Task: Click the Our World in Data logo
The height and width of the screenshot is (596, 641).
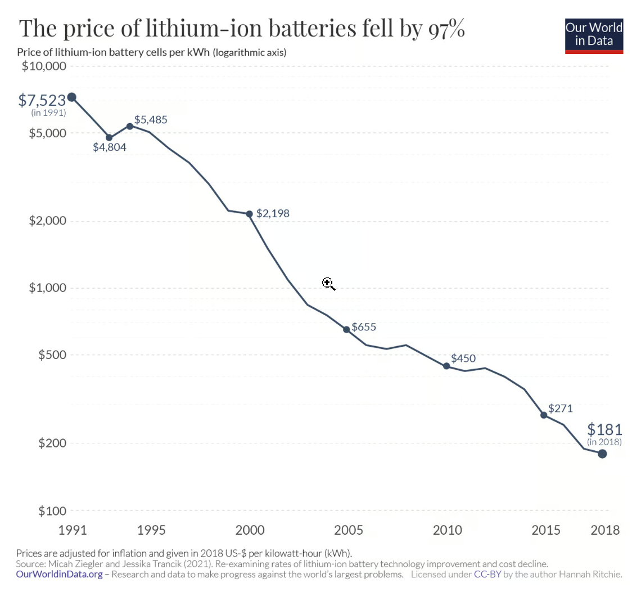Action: [594, 35]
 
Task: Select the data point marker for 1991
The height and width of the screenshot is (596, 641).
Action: [72, 97]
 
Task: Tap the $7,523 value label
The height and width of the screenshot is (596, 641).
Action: [42, 101]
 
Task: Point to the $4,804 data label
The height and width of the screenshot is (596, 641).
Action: [110, 147]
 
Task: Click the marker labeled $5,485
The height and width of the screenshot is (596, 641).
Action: [130, 126]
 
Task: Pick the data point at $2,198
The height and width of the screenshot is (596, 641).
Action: [250, 214]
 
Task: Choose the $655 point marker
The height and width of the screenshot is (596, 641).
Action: [346, 329]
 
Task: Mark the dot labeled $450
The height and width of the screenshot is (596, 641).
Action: [446, 366]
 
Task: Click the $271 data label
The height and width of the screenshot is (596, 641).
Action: [560, 409]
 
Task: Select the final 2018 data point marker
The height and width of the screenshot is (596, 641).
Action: [602, 454]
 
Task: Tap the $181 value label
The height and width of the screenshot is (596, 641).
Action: [604, 429]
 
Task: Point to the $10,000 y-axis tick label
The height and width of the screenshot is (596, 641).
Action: [43, 66]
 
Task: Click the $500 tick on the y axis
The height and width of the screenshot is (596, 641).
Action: [51, 355]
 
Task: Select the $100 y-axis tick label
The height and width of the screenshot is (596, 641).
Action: [51, 511]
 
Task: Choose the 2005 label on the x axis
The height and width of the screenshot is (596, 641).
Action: [348, 530]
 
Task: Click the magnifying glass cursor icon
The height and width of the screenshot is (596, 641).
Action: [328, 284]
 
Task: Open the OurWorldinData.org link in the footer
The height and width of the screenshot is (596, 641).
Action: [60, 575]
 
